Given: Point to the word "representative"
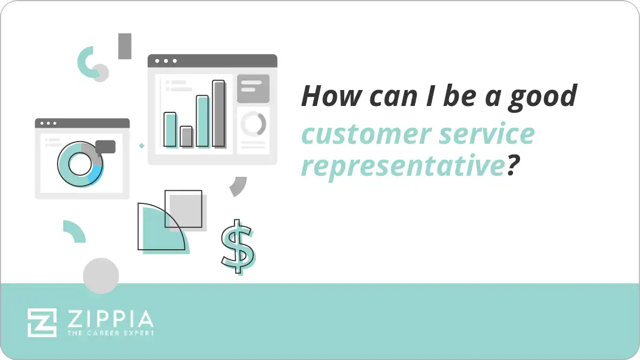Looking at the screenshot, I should (x=403, y=167).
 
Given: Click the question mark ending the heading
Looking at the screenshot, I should (x=512, y=166).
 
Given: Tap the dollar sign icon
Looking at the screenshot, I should (x=237, y=246).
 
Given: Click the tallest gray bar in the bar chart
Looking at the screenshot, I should (x=218, y=113).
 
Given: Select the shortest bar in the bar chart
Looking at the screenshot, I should (x=186, y=136).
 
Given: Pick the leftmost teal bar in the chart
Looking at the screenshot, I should (x=169, y=129).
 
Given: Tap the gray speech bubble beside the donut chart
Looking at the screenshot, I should (x=106, y=147).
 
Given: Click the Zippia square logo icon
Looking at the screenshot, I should (x=42, y=322).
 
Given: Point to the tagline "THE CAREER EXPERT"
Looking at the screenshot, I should (x=110, y=333).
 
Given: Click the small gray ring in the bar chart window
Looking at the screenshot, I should (x=253, y=124).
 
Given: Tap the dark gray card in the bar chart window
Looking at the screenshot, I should (x=253, y=88).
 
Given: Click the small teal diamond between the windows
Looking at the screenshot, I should (x=141, y=145).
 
